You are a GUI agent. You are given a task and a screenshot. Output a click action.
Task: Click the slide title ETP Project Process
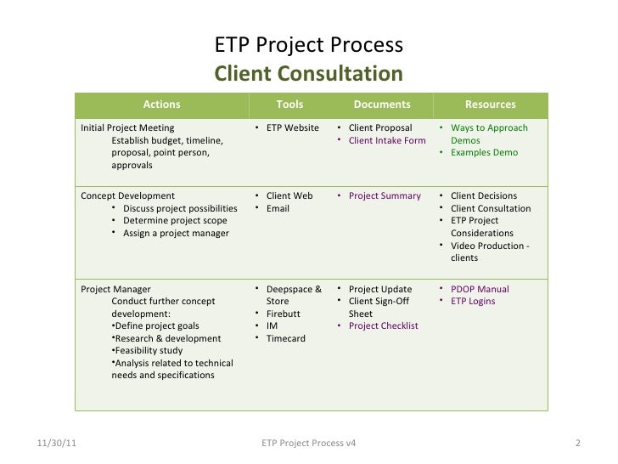pos(308,45)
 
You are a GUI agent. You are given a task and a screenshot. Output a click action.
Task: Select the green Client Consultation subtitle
pos(308,73)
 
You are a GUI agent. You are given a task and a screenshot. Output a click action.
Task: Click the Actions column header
pos(161,105)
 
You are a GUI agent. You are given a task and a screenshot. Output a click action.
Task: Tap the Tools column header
pos(289,105)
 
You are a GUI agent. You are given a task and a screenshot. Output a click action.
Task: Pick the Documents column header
pos(381,105)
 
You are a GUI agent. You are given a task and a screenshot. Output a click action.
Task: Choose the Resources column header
pos(490,105)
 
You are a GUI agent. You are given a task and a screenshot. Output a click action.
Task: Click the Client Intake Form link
pos(387,141)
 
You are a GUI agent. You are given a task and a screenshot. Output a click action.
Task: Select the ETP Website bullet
pos(292,128)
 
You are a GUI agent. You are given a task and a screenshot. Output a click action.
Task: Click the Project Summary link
pos(385,195)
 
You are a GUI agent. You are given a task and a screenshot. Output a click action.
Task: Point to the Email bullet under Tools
pos(278,208)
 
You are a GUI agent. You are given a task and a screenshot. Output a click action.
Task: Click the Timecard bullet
pos(286,338)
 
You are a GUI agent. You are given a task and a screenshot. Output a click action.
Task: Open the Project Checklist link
pos(383,325)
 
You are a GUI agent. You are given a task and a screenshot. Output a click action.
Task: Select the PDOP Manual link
pos(480,289)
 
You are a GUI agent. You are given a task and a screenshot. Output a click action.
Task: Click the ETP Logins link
pos(473,301)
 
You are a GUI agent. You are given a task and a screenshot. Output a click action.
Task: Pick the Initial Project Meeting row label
pos(127,128)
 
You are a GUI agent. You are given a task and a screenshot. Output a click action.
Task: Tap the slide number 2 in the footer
pos(576,444)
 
